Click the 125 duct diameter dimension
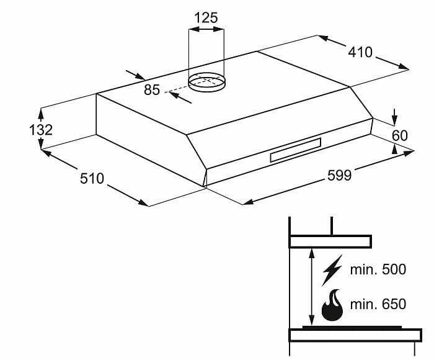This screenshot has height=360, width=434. click(206, 18)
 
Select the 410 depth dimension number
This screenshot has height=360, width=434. click(360, 52)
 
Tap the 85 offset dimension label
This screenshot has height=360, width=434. click(152, 90)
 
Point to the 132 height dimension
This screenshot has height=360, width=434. click(41, 130)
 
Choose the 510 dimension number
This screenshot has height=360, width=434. click(92, 178)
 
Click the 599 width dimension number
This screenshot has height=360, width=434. click(339, 175)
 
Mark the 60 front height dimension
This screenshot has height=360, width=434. click(400, 135)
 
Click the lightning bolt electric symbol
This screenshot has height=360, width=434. click(332, 270)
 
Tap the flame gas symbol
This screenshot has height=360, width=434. click(332, 305)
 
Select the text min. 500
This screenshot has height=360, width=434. click(378, 269)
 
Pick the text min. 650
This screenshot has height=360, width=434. click(378, 304)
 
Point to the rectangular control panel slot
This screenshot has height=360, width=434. click(296, 150)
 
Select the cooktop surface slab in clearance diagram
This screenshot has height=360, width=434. click(355, 335)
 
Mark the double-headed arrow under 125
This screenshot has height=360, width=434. click(206, 29)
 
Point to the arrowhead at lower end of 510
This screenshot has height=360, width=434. click(143, 203)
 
